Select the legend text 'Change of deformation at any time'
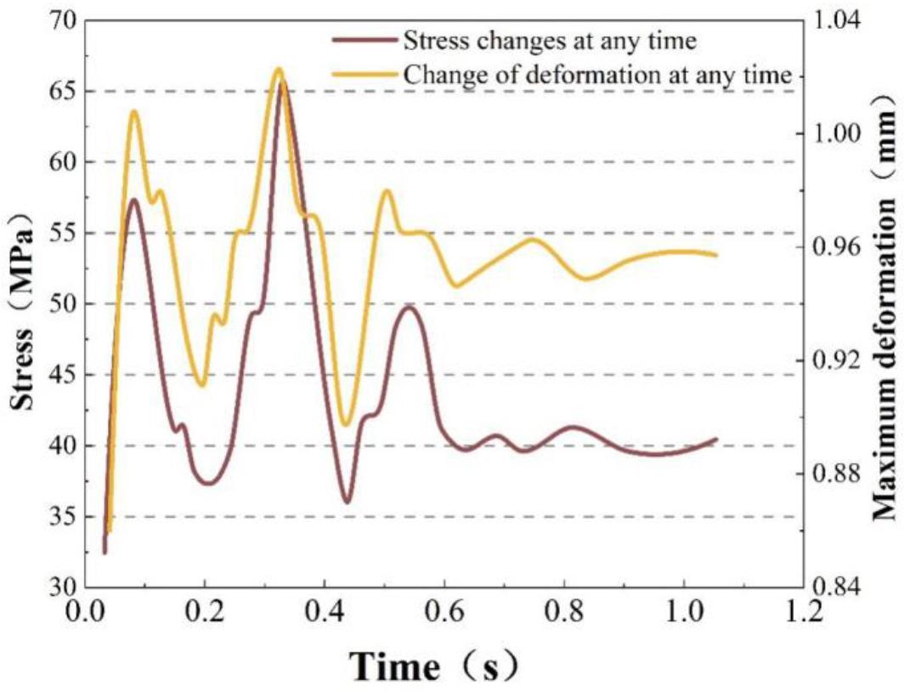click(x=598, y=73)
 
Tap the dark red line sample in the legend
click(x=364, y=39)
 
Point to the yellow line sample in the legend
click(x=364, y=73)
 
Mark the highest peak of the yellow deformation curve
click(x=277, y=69)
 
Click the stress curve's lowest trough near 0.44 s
click(x=347, y=501)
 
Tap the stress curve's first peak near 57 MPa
click(x=133, y=200)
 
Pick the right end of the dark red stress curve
click(x=717, y=439)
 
